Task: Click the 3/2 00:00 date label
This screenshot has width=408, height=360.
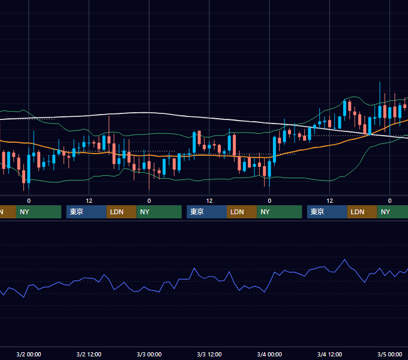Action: [x=29, y=354]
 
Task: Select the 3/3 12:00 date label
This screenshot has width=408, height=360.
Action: [x=209, y=354]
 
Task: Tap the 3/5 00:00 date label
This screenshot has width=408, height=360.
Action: [x=389, y=354]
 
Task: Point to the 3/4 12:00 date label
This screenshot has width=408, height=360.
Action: [x=329, y=354]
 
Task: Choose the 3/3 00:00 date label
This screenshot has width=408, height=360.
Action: [x=149, y=354]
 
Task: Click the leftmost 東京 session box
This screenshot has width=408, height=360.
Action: [x=86, y=212]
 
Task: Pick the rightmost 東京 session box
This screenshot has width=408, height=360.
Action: [x=327, y=212]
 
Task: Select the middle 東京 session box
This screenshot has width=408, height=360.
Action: [x=206, y=212]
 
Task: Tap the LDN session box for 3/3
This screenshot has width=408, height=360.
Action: [x=242, y=212]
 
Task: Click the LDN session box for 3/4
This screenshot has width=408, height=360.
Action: [x=362, y=212]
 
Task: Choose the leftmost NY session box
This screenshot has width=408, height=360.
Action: [x=38, y=212]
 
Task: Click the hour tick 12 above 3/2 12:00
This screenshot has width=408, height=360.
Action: [x=89, y=201]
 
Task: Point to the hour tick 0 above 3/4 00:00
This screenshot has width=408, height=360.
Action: [x=269, y=201]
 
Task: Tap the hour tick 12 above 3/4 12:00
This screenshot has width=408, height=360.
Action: [x=329, y=201]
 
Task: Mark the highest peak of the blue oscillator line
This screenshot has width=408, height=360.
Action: [x=345, y=259]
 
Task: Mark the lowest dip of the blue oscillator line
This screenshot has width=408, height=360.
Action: [x=24, y=297]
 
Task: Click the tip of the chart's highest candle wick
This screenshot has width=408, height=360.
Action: [x=380, y=82]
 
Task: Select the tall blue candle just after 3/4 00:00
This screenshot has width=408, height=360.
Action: [x=274, y=150]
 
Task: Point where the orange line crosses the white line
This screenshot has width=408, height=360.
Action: [x=369, y=134]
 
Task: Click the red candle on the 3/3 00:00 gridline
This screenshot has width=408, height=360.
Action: [x=149, y=166]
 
